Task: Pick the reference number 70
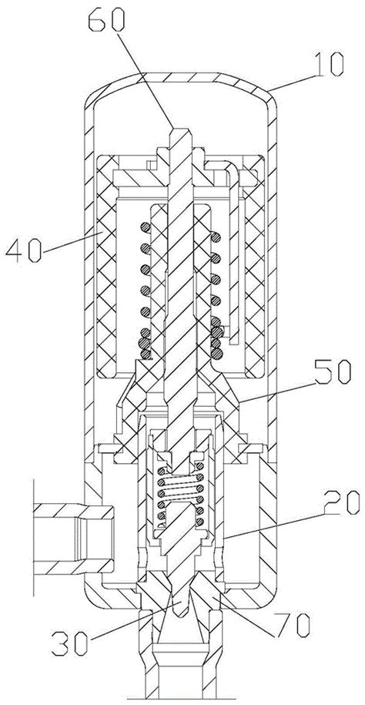(292, 625)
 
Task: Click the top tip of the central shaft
(182, 130)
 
